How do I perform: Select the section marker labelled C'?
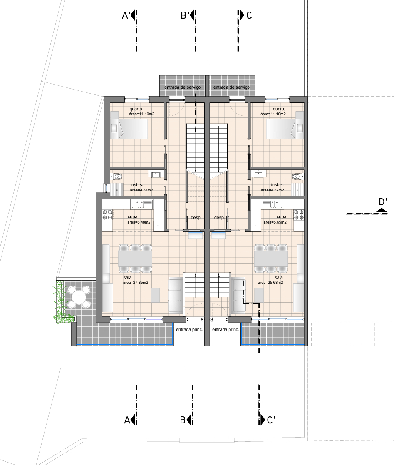tap(267, 420)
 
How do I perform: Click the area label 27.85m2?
tap(136, 283)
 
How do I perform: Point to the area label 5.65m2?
tap(275, 222)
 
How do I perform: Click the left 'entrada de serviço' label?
tap(182, 87)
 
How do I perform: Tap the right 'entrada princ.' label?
tap(225, 329)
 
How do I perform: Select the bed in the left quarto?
tap(129, 129)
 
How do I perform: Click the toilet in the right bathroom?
tap(297, 177)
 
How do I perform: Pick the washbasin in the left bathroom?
tap(156, 174)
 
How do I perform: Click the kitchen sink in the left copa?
tap(141, 204)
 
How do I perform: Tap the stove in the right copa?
tap(299, 215)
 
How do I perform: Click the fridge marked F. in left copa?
tap(158, 225)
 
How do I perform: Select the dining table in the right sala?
tap(271, 258)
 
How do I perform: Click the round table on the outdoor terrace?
tap(79, 296)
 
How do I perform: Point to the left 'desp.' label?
tap(196, 218)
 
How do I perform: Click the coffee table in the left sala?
tap(155, 296)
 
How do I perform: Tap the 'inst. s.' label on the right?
tap(277, 184)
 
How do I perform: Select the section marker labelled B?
tap(187, 420)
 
